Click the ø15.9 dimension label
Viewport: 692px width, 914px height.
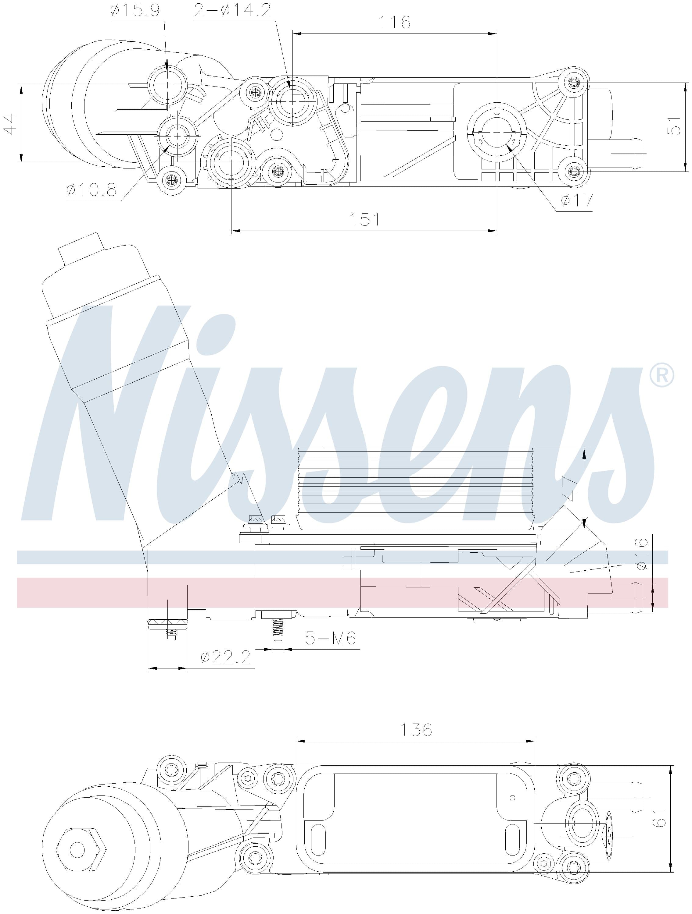point(135,10)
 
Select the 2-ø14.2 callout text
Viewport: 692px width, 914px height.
point(232,10)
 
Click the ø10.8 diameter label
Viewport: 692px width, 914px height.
point(92,190)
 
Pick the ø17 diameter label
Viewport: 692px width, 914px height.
point(577,201)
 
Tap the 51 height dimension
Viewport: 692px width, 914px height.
point(674,126)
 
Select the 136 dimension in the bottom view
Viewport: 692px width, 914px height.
point(416,730)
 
